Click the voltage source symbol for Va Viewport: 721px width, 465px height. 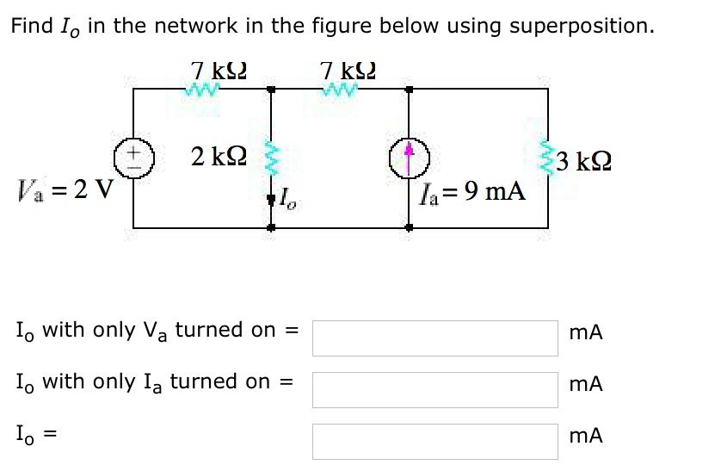point(133,159)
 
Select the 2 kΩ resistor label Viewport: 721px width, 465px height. point(219,157)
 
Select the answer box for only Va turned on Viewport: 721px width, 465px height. point(434,338)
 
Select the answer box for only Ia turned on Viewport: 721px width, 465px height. point(434,388)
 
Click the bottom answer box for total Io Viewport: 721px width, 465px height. point(434,440)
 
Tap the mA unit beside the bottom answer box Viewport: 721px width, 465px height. point(585,436)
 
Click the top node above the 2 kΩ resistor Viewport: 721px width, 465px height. point(270,88)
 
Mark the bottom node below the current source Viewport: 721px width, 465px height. point(409,229)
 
